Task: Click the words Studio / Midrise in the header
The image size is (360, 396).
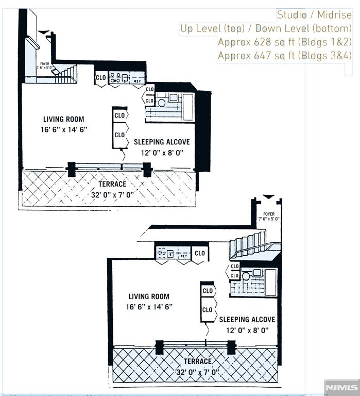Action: [x=314, y=15]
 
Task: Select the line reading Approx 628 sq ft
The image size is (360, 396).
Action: [x=284, y=41]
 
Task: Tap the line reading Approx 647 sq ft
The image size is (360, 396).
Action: [x=284, y=55]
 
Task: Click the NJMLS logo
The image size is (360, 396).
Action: [x=341, y=387]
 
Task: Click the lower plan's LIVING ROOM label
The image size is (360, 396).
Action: [x=148, y=296]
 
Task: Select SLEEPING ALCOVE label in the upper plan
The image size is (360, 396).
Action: [x=162, y=142]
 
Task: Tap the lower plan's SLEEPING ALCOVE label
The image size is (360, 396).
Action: [x=247, y=320]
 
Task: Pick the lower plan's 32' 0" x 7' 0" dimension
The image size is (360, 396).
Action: [x=197, y=371]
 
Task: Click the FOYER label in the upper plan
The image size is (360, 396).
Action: [x=43, y=63]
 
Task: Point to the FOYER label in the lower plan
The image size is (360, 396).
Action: [x=269, y=214]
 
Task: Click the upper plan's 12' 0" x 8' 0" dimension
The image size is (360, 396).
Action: [x=162, y=152]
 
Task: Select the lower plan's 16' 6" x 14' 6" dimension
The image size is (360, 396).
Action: [x=150, y=307]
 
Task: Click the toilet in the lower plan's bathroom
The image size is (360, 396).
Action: [x=246, y=276]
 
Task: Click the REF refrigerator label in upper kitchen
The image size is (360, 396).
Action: [x=138, y=81]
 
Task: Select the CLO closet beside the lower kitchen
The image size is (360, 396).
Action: [x=200, y=253]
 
